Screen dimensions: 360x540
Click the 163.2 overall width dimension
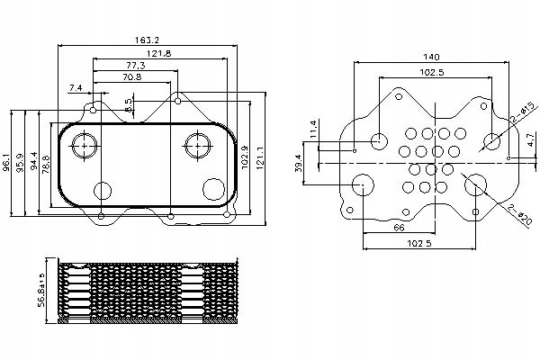coord(148,40)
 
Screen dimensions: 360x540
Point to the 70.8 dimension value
coord(131,78)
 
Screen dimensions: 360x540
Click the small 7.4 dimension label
coord(76,87)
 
